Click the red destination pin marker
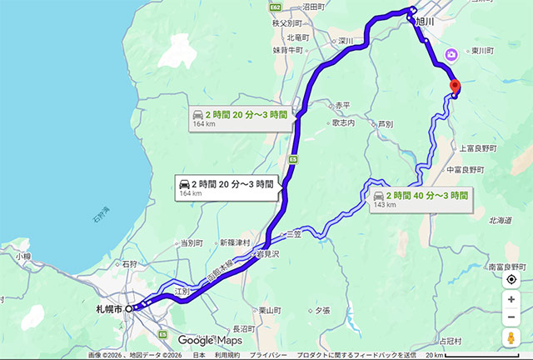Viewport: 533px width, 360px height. click(454, 86)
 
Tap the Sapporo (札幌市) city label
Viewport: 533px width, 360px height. click(109, 308)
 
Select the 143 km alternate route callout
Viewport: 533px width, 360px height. click(418, 198)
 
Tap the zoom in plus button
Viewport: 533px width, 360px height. click(511, 299)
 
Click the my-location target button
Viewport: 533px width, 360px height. click(511, 279)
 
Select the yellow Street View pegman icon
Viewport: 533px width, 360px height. click(511, 338)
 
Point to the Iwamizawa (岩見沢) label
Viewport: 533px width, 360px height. click(268, 252)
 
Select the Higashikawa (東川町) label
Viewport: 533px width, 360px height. click(481, 50)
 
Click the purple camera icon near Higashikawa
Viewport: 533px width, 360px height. click(451, 55)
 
